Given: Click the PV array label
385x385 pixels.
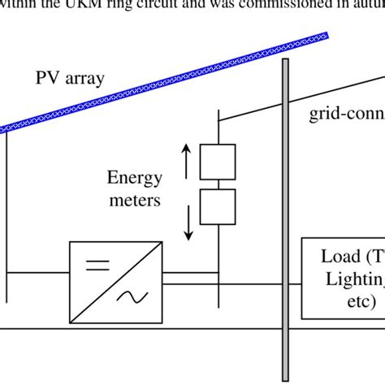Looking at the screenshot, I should [74, 80].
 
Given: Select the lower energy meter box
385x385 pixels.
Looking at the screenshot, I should [218, 208].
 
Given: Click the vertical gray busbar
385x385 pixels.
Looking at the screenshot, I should [285, 219].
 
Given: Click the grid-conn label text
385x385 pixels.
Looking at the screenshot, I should [345, 115].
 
